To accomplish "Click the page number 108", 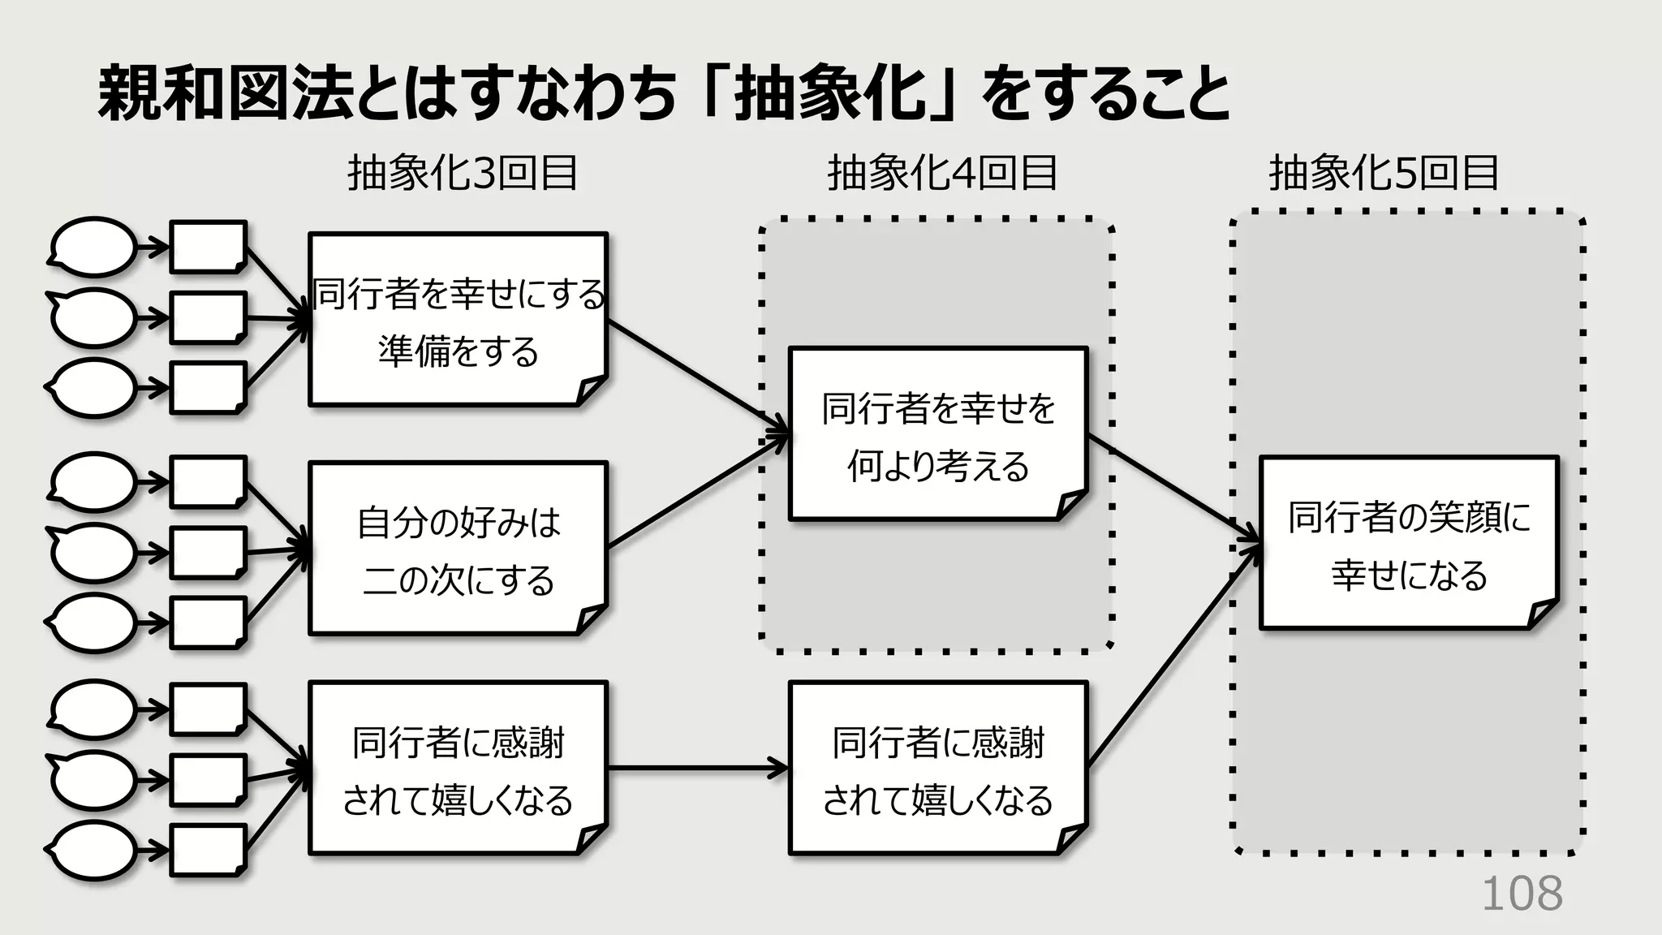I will tap(1522, 894).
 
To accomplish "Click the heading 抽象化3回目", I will tap(463, 173).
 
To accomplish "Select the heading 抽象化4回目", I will tap(942, 173).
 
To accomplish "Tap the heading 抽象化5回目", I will tap(1384, 173).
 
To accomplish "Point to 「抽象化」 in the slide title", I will tap(828, 94).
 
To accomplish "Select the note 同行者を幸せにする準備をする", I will tap(458, 320).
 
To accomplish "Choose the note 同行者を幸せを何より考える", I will tap(937, 434).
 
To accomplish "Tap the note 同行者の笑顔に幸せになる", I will tap(1409, 543).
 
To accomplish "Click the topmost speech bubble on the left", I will tap(94, 247).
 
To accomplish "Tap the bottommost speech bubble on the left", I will tap(94, 851).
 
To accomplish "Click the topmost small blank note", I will tap(208, 246).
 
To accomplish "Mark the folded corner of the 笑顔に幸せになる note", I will tap(1541, 614).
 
